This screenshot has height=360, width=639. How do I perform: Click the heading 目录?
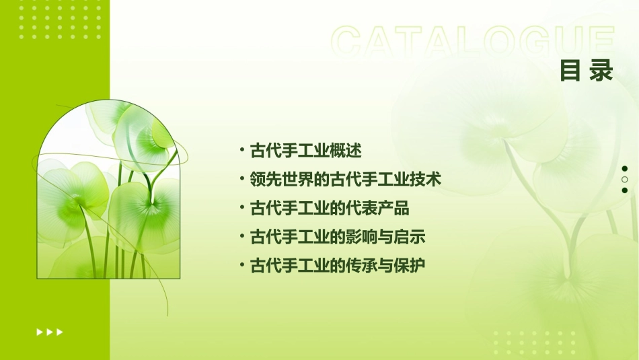(587, 71)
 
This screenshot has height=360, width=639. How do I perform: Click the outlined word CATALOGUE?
(472, 42)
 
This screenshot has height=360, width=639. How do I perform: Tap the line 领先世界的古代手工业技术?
(345, 180)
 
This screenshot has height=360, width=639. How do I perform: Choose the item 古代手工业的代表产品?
(329, 208)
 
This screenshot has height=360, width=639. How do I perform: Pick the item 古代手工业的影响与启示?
(337, 237)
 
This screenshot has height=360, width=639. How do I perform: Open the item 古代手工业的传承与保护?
(337, 266)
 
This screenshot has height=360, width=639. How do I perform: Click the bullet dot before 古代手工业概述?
(242, 149)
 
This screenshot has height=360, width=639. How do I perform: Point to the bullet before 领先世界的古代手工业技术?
(242, 179)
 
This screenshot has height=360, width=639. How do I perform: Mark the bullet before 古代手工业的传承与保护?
(242, 265)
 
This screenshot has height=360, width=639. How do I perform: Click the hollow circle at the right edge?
(625, 180)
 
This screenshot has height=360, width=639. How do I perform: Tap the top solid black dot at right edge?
(625, 169)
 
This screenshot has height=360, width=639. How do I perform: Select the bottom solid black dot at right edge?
(625, 190)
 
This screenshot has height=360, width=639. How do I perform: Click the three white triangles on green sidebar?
(50, 332)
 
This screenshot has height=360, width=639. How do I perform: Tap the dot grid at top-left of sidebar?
(61, 21)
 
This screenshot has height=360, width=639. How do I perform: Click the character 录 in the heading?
(601, 71)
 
